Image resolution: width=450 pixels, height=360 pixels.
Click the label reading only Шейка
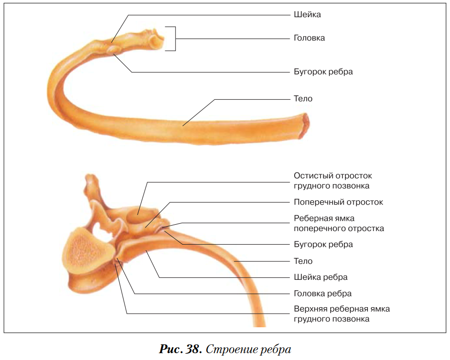[x=307, y=15]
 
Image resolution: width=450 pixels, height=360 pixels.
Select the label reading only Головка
[x=309, y=38]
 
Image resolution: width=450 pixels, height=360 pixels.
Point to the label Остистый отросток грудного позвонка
[x=333, y=181]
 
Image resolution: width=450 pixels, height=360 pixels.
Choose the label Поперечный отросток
[x=338, y=202]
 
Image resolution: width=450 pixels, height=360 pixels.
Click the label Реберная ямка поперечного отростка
[x=339, y=223]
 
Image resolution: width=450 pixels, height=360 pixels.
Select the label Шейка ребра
[x=321, y=277]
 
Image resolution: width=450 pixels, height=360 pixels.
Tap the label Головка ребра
[x=322, y=294]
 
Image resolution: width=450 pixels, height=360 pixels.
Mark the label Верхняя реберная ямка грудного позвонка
[x=342, y=314]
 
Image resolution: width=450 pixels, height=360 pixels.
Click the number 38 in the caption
[x=192, y=350]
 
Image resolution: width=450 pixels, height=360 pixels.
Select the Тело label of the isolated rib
[x=303, y=99]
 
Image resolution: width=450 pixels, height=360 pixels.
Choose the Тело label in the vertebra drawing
[x=303, y=261]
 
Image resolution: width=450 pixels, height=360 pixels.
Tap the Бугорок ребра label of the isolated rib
[x=323, y=72]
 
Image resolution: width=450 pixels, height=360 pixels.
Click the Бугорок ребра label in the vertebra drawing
[x=323, y=244]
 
